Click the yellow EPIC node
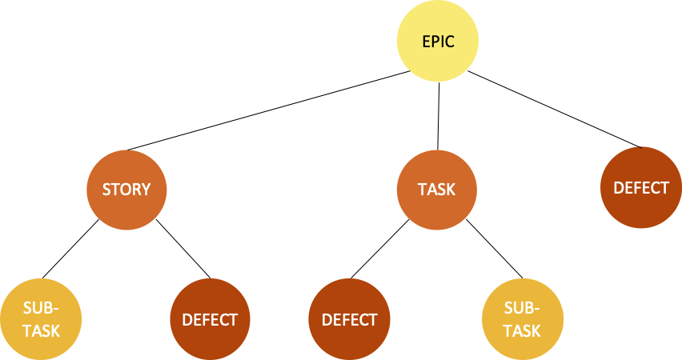[438, 41]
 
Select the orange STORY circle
[126, 190]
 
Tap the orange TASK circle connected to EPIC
[437, 190]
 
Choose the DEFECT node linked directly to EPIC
[640, 188]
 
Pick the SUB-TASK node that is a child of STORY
[40, 320]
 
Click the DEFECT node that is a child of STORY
[210, 320]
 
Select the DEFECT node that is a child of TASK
[349, 320]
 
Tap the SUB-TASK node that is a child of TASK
[522, 320]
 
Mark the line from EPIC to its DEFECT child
[555, 109]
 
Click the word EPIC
[438, 41]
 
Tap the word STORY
[126, 190]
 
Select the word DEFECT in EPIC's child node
[640, 188]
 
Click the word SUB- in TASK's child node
[523, 310]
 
